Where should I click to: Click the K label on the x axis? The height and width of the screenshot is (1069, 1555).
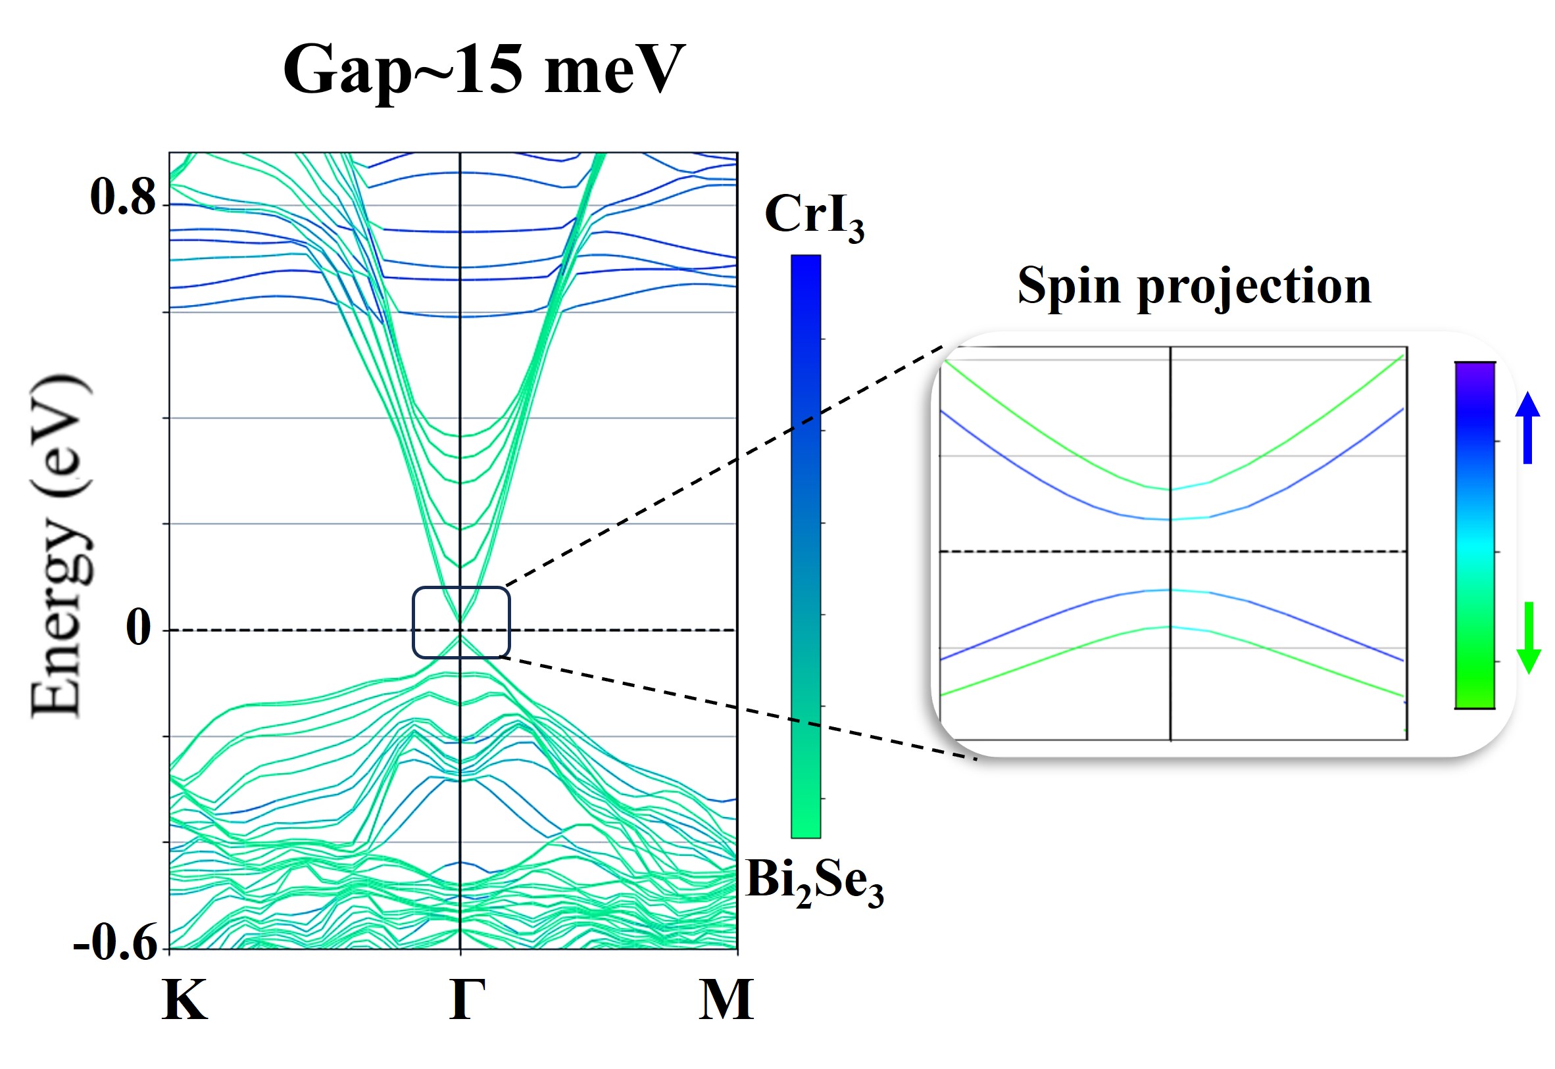pos(185,999)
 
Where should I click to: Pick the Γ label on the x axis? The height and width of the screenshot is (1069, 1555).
pos(467,999)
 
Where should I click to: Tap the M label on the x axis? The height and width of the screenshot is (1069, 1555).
pos(726,999)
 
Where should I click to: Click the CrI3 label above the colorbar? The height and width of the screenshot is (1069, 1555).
pos(814,216)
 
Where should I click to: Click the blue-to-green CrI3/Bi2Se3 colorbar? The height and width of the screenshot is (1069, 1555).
pos(805,546)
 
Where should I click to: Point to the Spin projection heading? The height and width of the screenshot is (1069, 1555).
pos(1195,286)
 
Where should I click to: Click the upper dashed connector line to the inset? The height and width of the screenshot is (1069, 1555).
pos(724,466)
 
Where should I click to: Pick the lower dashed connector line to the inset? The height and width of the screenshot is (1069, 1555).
pos(737,707)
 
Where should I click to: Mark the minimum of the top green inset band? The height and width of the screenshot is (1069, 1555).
pos(1170,490)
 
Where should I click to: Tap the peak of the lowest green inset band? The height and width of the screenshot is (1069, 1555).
pos(1170,627)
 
